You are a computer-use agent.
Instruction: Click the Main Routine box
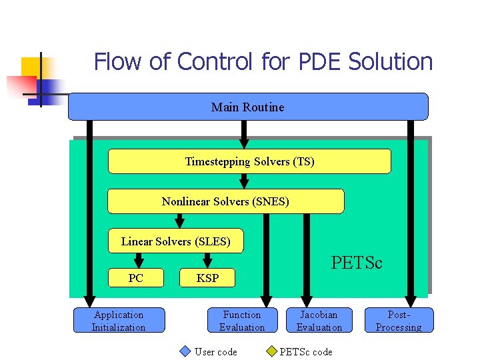[248, 107]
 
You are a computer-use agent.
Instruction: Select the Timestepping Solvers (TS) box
[249, 161]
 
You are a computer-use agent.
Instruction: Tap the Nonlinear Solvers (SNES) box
[225, 201]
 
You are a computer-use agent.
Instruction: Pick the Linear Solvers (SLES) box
[176, 241]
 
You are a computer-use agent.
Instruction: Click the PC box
[136, 278]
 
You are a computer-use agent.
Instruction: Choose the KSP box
[207, 278]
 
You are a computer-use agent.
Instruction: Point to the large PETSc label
[357, 263]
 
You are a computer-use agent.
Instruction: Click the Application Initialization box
[119, 321]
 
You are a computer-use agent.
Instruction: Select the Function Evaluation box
[242, 321]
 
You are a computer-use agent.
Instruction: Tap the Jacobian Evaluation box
[319, 321]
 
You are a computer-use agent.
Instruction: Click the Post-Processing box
[399, 321]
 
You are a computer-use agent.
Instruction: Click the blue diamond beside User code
[186, 351]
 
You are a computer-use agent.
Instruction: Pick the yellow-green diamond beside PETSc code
[271, 351]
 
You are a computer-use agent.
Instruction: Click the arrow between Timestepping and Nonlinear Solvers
[245, 181]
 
